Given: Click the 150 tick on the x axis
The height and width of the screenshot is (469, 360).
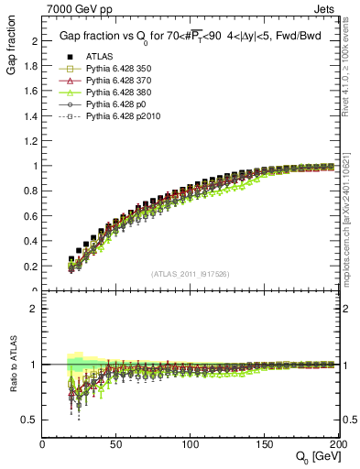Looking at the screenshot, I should click(x=265, y=444).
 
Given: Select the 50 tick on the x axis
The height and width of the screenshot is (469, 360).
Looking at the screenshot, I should click(x=116, y=444).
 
